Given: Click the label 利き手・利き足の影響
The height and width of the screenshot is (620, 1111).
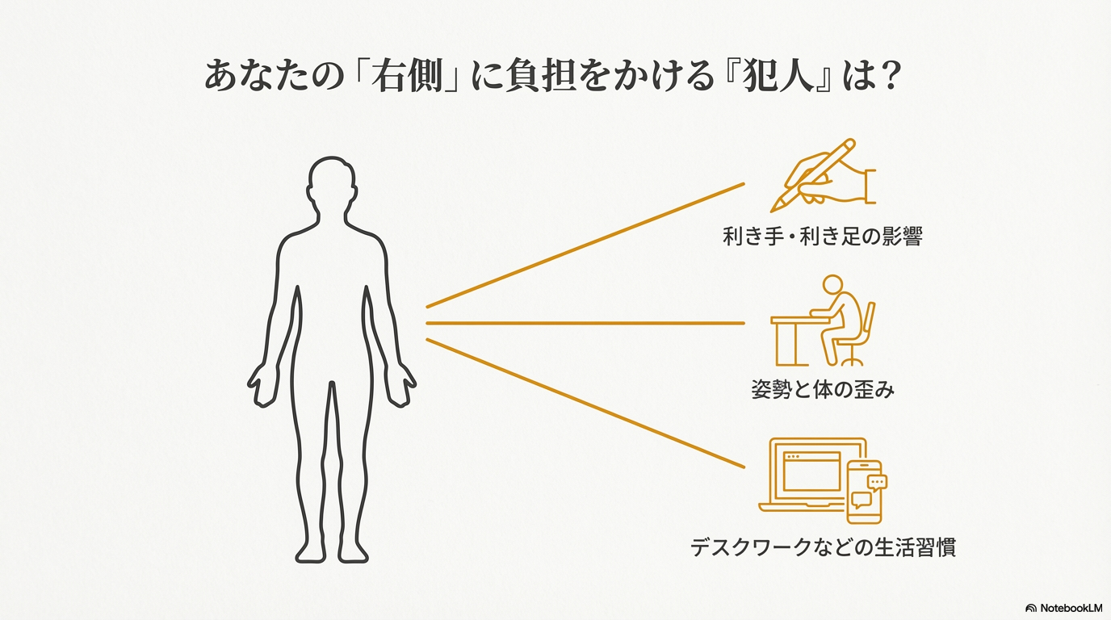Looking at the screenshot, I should pos(822,237).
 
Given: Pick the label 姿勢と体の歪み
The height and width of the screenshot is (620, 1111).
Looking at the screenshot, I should pos(823,390).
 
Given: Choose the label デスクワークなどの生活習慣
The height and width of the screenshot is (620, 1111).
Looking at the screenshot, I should pos(823,547).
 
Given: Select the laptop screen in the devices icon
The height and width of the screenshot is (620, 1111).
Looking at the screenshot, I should pos(811,472).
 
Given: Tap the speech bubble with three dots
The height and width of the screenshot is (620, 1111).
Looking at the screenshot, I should pos(877,482).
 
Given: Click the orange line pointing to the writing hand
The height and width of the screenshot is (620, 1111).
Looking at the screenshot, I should pos(585,245).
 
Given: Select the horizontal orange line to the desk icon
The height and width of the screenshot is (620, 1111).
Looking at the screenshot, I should pos(585,323).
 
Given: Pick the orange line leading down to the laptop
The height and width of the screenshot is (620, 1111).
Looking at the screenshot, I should pos(585,404).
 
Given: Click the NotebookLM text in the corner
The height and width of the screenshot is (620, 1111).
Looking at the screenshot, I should pos(1070,607).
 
